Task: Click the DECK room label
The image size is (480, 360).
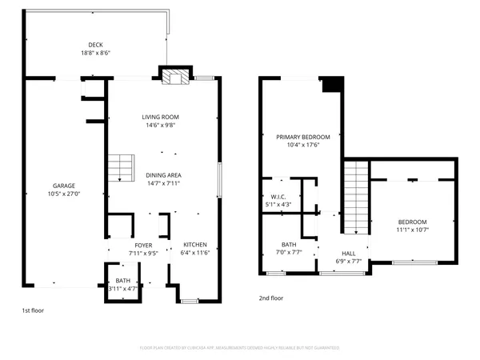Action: point(95,45)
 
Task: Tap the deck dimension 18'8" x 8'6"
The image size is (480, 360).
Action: point(95,53)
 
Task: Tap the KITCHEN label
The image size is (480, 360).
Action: point(196,245)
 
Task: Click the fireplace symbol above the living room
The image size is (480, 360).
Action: point(174,78)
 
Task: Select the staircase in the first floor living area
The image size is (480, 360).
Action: point(119,169)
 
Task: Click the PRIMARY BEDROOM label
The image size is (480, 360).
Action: point(302,137)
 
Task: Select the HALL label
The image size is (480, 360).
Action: point(349,253)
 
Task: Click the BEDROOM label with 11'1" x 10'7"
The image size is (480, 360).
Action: point(413,222)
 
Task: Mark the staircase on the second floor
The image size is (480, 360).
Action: point(355,195)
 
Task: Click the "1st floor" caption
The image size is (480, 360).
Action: point(34,309)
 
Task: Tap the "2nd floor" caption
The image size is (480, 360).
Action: point(270,298)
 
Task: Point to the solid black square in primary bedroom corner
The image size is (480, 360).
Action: point(331,84)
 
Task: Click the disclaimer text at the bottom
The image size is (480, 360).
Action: point(240,348)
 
